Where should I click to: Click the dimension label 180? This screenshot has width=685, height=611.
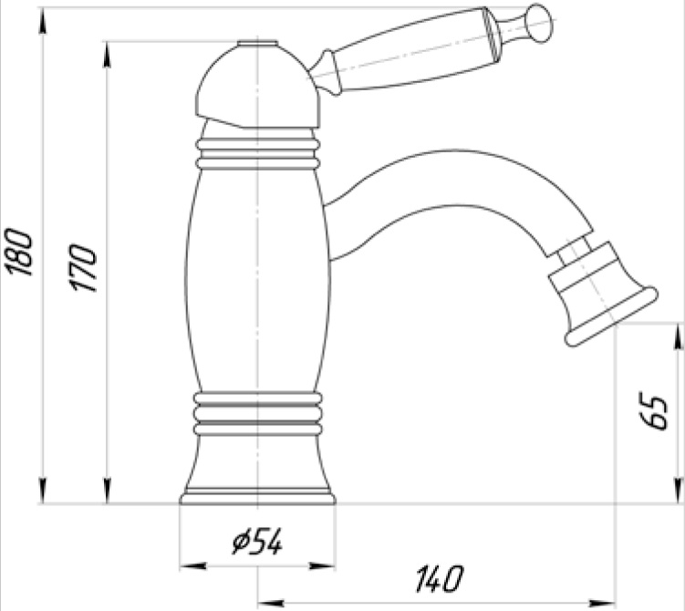pyautogui.click(x=20, y=253)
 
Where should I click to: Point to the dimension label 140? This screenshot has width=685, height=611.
pyautogui.click(x=439, y=578)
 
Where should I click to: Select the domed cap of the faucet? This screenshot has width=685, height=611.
pyautogui.click(x=258, y=88)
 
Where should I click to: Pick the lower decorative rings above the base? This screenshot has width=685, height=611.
pyautogui.click(x=258, y=411)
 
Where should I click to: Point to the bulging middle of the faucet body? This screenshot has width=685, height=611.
pyautogui.click(x=258, y=283)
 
